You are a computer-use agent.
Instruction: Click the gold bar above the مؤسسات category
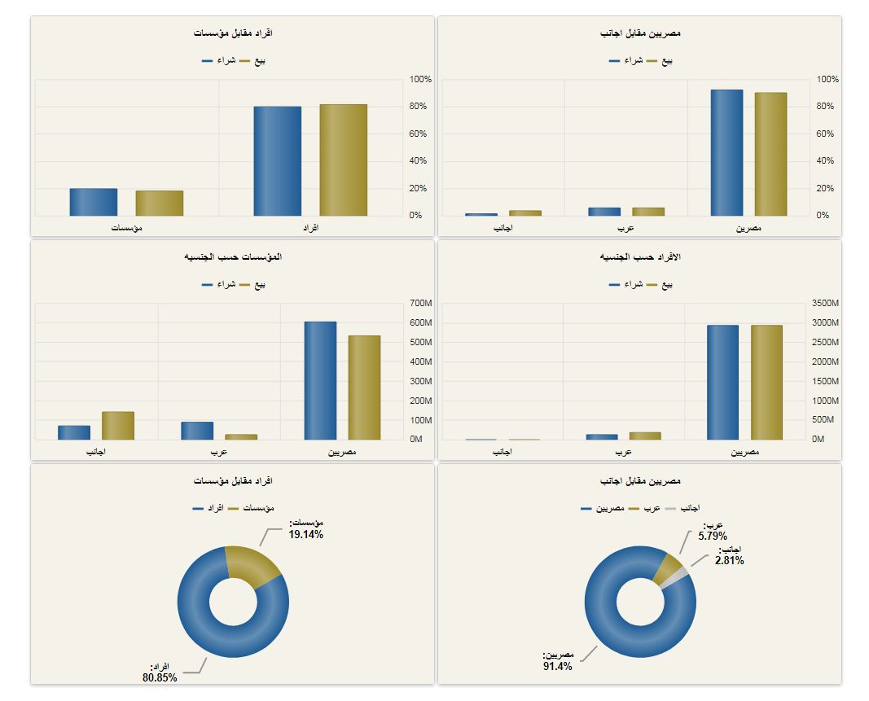click(160, 204)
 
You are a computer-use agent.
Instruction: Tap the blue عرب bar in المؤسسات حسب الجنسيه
click(197, 431)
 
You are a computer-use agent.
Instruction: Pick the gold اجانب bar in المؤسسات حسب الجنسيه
click(117, 426)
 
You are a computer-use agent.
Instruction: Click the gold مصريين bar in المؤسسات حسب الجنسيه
click(364, 388)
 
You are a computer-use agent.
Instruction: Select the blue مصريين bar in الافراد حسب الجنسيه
click(722, 383)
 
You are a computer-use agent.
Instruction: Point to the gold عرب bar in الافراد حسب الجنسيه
click(644, 436)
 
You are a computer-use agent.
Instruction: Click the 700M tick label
click(421, 304)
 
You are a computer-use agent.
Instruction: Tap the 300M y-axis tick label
click(421, 381)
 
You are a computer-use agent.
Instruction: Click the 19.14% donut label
click(305, 535)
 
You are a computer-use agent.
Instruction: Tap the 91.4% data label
click(558, 666)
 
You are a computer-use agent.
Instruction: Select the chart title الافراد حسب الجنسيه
click(639, 257)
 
